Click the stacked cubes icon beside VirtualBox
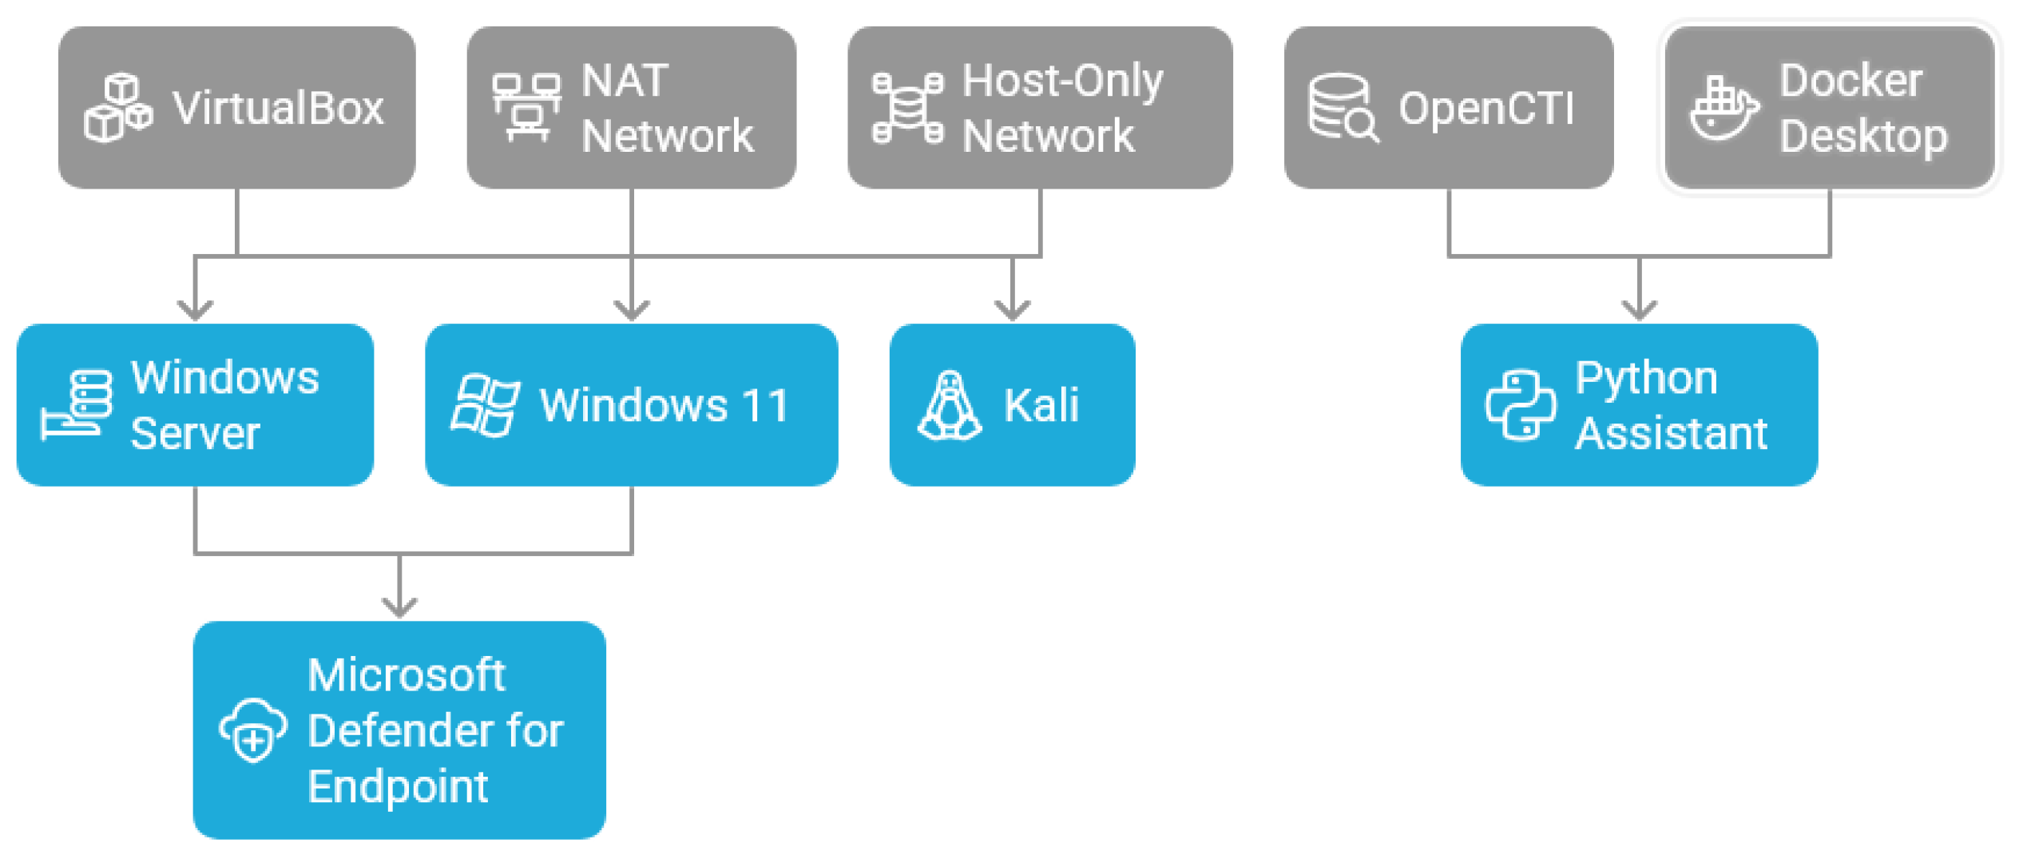[118, 108]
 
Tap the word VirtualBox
[278, 108]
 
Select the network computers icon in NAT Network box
[526, 108]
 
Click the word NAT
[625, 80]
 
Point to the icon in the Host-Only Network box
[907, 108]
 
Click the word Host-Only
[1062, 82]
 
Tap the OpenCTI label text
[1485, 108]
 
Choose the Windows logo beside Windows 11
[485, 405]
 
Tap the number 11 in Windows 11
[765, 405]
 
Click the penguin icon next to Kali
[950, 405]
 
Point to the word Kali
[1041, 405]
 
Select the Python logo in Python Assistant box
[1521, 405]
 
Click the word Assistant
[1672, 434]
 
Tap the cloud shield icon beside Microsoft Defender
[253, 730]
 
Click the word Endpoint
[398, 787]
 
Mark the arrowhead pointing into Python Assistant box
[1640, 310]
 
